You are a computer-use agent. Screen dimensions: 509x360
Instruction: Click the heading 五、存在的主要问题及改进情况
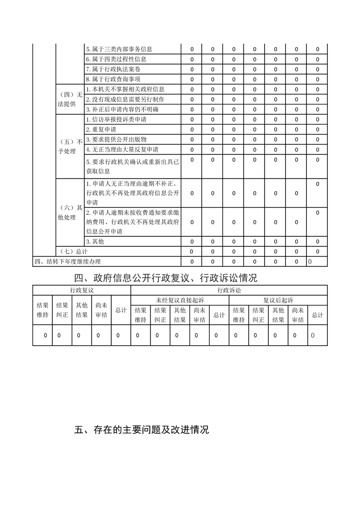tap(141, 430)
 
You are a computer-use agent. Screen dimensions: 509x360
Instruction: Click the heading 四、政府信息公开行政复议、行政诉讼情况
tap(166, 278)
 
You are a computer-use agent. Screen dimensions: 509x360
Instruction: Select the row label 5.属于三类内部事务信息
tap(119, 49)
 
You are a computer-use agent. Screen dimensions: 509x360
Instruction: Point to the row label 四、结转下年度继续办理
tap(68, 261)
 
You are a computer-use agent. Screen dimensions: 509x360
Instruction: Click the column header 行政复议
tap(82, 290)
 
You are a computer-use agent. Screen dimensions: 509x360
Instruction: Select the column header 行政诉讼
tap(229, 290)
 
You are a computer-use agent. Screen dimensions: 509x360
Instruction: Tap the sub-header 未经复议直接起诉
tap(180, 300)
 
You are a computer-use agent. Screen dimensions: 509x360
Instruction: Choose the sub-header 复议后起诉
tap(278, 300)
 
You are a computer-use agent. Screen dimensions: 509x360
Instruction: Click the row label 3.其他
tap(95, 241)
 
